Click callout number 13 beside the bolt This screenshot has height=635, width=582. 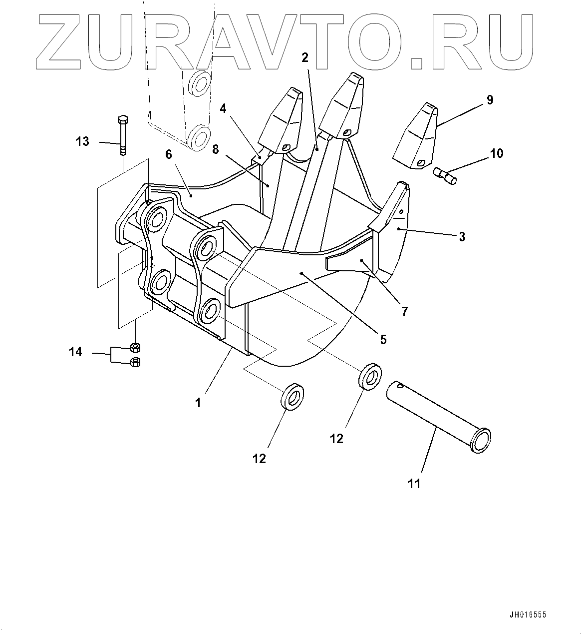82,141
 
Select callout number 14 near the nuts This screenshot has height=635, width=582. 75,352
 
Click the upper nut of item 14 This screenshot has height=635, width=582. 135,347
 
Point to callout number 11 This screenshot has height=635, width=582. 414,483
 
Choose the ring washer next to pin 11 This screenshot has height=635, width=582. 370,377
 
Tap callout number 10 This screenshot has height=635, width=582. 497,153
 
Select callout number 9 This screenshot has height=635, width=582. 489,100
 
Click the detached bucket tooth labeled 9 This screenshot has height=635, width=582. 415,137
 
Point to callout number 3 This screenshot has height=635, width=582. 462,236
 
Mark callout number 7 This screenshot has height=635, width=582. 404,311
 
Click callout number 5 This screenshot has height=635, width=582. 383,339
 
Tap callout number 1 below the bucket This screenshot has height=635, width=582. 198,402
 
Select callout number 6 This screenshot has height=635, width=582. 169,154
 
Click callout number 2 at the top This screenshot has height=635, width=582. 305,57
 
